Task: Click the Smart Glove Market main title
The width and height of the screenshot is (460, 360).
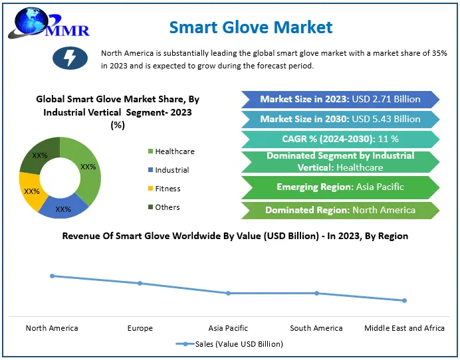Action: pos(251,27)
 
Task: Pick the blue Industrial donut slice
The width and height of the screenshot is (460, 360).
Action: pos(63,208)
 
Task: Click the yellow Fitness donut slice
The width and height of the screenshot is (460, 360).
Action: pos(31,191)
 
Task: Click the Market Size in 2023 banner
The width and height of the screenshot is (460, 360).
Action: pos(340,99)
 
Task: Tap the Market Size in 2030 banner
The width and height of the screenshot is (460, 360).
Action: pos(340,119)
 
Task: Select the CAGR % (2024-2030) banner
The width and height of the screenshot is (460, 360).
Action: pos(340,139)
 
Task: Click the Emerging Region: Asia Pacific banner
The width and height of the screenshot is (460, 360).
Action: pos(340,187)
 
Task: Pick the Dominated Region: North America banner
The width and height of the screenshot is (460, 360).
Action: pos(340,210)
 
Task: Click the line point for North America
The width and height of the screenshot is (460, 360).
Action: pos(52,276)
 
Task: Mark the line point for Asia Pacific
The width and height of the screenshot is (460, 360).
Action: pos(228,293)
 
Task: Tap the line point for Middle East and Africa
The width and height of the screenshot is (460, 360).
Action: pos(404,300)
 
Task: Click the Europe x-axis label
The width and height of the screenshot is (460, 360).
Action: pos(140,328)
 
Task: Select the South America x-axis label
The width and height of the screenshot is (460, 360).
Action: pos(316,328)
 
